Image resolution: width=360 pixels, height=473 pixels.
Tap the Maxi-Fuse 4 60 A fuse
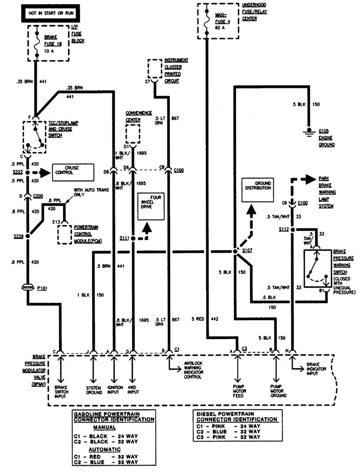pos(207,21)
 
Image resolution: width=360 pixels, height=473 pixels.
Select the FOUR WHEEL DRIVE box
pos(150,206)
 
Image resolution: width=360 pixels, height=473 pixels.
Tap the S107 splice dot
pos(234,252)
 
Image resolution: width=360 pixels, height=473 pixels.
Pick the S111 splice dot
pos(133,239)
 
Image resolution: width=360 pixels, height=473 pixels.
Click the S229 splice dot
pos(27,236)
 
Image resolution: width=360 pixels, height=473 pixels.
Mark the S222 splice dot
pos(27,172)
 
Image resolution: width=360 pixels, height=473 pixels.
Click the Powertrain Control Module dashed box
pos(64,234)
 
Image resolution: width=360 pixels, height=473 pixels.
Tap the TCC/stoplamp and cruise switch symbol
pos(35,137)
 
